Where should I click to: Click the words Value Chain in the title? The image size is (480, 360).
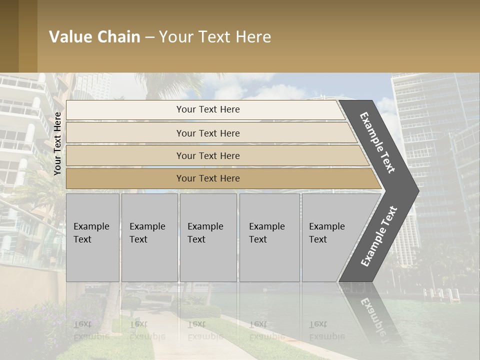[94, 37]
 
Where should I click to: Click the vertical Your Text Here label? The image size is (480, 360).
[57, 143]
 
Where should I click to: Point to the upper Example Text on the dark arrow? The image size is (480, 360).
[377, 142]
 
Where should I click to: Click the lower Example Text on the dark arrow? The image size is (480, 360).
[378, 236]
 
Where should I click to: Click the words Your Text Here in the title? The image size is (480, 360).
[215, 37]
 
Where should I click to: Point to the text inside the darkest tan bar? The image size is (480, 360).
[208, 178]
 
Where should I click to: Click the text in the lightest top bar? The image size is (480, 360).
[208, 109]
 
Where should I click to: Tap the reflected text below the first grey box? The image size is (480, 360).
[90, 330]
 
